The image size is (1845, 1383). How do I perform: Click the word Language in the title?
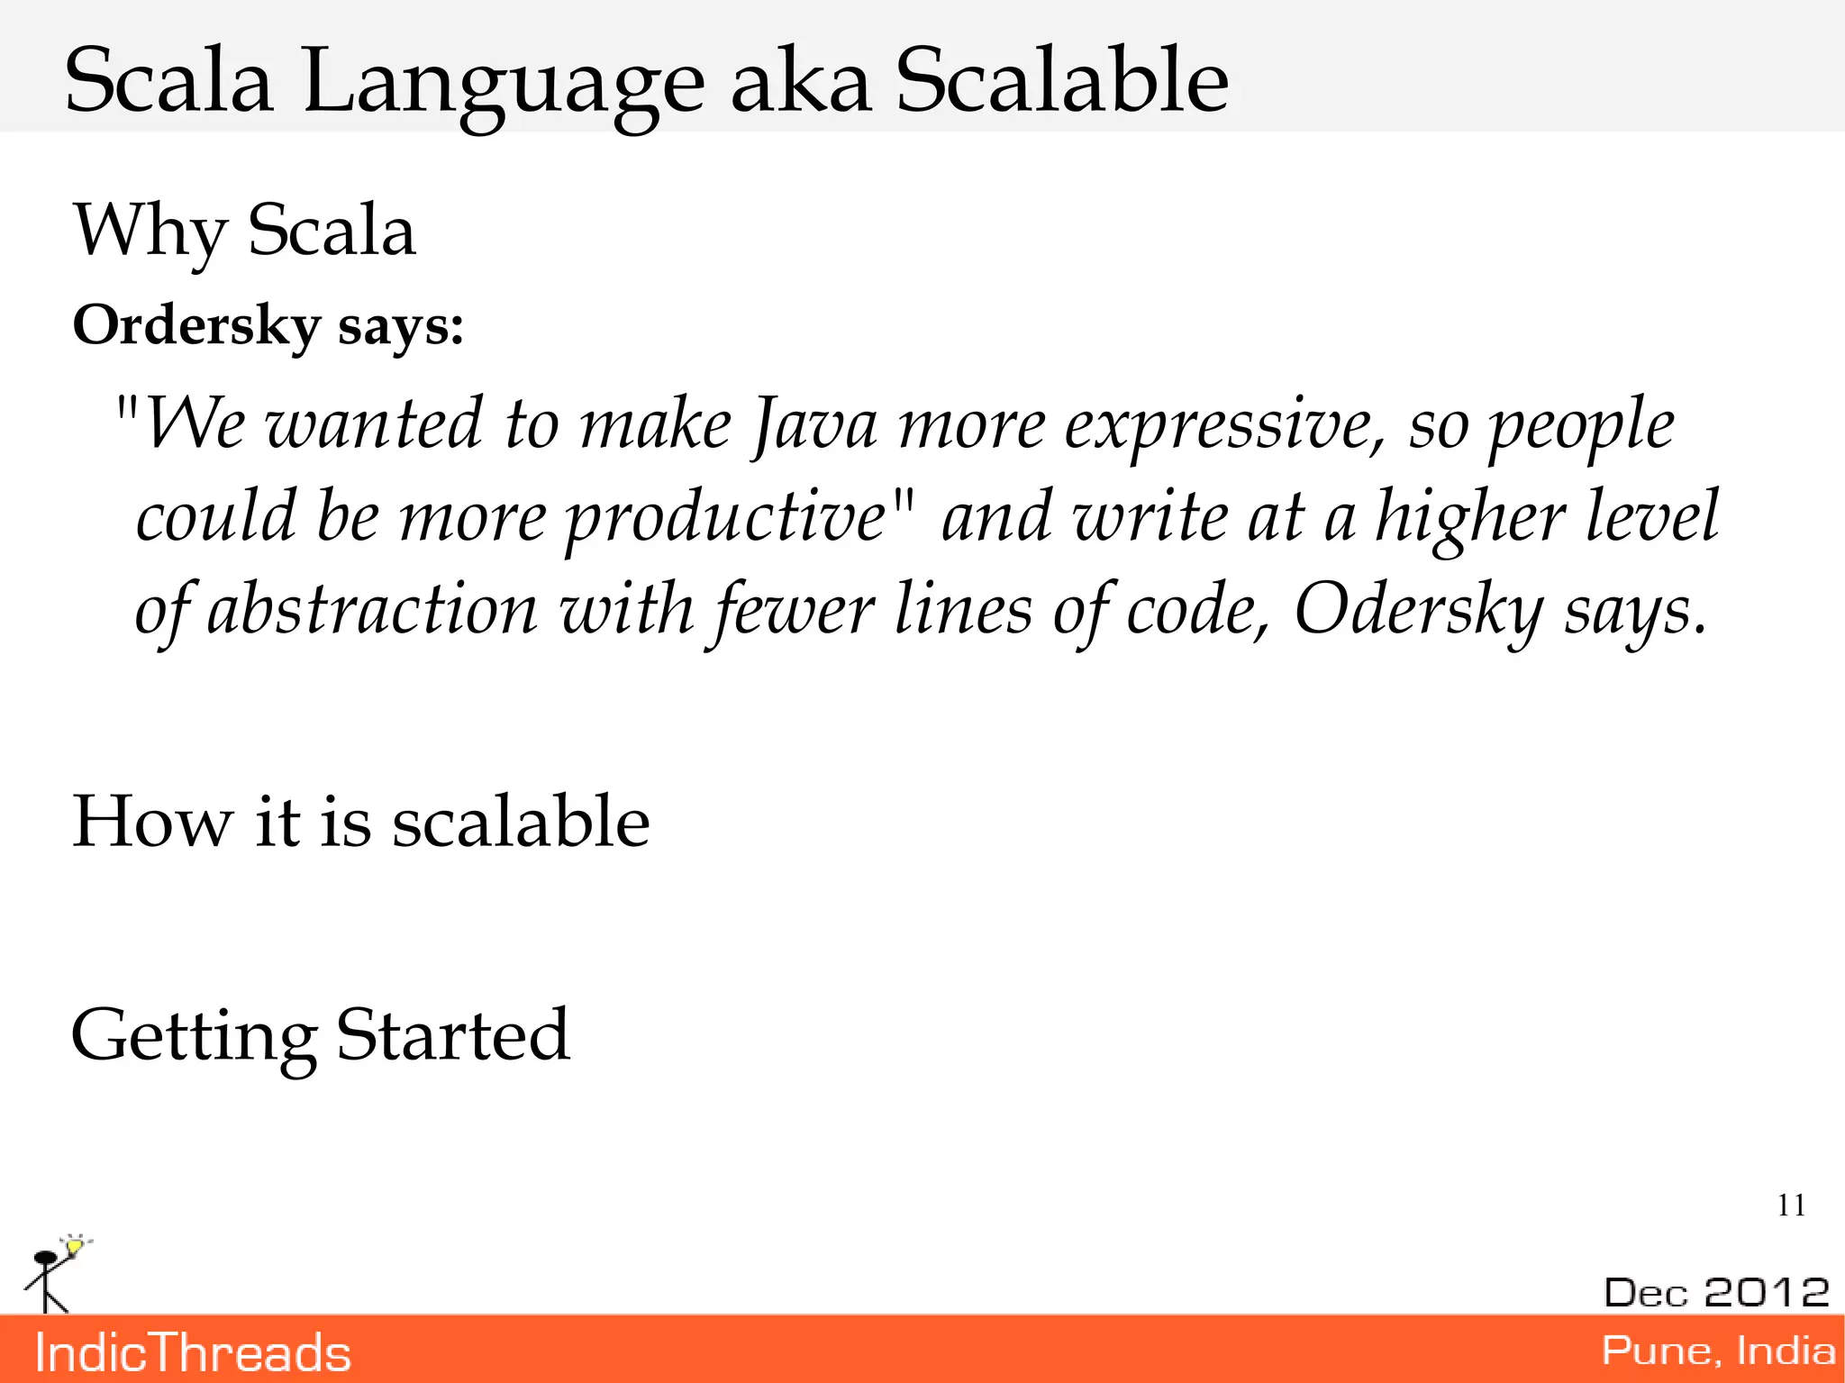click(x=503, y=83)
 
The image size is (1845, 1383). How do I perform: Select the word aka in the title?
click(x=800, y=83)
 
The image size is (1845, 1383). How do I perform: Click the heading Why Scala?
click(x=244, y=232)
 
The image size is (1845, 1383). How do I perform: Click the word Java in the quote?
click(x=814, y=424)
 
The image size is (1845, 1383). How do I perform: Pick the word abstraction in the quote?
click(x=373, y=610)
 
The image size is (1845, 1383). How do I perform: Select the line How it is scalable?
click(x=360, y=822)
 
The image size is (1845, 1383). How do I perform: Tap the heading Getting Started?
click(x=320, y=1035)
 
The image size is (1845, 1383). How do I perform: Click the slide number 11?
click(x=1791, y=1206)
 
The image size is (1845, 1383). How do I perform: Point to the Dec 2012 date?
click(x=1716, y=1292)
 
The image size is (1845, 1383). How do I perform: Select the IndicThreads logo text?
click(x=193, y=1353)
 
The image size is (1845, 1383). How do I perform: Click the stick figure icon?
click(x=47, y=1279)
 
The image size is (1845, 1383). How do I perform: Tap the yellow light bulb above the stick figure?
click(x=76, y=1245)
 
